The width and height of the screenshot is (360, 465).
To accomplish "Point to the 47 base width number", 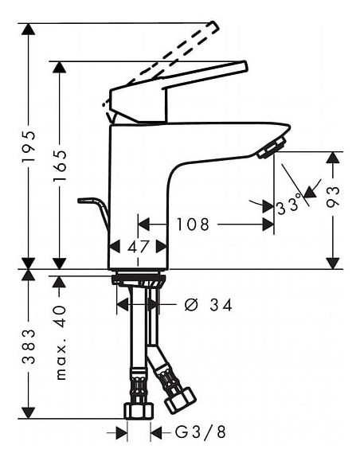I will pyautogui.click(x=138, y=247).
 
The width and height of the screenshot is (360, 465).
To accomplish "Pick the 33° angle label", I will pyautogui.click(x=291, y=206).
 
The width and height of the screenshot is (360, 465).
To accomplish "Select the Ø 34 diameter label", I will pyautogui.click(x=209, y=304).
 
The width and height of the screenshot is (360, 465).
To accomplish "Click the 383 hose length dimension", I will pyautogui.click(x=29, y=346).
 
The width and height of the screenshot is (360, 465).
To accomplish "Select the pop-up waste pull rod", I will pyautogui.click(x=94, y=209).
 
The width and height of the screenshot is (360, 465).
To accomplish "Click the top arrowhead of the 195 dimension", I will pyautogui.click(x=29, y=29).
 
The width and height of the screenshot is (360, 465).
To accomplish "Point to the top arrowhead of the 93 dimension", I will pyautogui.click(x=334, y=157).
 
